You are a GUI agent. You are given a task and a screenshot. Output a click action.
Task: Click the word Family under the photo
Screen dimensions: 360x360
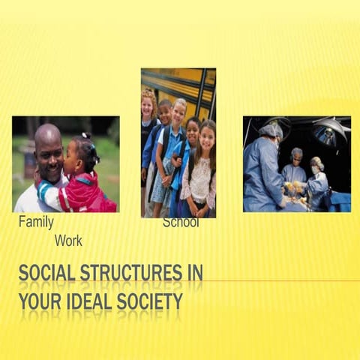point(36,223)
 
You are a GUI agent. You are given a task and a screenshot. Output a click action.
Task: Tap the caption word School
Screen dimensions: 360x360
point(181,223)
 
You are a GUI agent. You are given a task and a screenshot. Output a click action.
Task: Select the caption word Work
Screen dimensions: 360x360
point(68,241)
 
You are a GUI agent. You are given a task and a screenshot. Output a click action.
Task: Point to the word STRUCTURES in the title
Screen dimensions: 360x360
point(131,272)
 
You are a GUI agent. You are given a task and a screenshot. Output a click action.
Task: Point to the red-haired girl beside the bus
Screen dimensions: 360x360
point(148,112)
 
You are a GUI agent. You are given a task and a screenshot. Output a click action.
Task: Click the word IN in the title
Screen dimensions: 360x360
point(194,272)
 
